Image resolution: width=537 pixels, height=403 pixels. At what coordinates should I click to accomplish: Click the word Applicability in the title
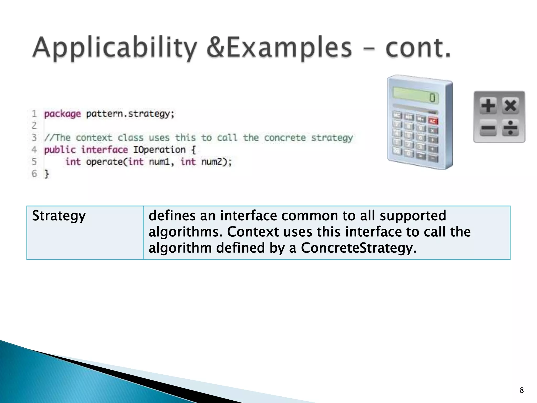tap(114, 48)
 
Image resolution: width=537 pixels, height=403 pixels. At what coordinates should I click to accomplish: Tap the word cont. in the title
tap(418, 48)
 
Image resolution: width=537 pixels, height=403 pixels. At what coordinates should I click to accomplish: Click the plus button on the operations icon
tap(488, 106)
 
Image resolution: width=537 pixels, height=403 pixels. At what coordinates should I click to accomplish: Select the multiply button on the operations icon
tap(510, 106)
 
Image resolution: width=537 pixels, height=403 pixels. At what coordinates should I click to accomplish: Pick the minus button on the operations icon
tap(488, 128)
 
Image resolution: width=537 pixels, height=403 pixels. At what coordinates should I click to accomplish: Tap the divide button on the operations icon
tap(510, 128)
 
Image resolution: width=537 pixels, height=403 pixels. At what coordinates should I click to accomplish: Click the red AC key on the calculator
tap(433, 121)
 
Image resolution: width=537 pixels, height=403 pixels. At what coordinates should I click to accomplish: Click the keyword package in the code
tap(62, 114)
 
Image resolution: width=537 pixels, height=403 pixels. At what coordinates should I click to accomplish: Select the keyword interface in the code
tap(104, 150)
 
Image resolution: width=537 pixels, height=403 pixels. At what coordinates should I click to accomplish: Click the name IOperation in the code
tap(159, 150)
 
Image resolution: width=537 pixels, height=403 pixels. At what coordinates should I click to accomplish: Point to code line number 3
tap(34, 137)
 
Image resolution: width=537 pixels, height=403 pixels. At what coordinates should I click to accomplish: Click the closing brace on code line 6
tap(47, 174)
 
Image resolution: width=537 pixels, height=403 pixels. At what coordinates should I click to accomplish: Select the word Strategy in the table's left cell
tap(59, 216)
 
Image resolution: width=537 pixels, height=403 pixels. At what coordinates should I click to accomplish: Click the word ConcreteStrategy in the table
tap(358, 248)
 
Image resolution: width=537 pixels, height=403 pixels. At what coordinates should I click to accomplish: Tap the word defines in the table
tap(172, 216)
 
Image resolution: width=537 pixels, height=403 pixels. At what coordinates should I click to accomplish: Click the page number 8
tap(522, 390)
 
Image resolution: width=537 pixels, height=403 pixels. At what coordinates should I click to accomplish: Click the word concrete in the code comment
tap(285, 137)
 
